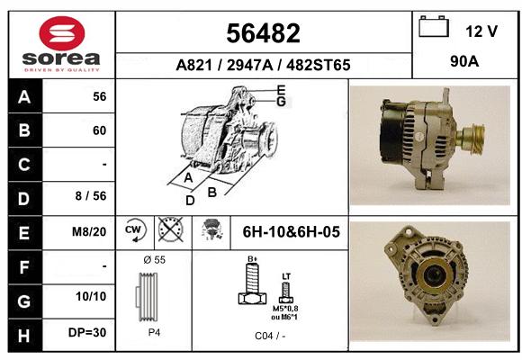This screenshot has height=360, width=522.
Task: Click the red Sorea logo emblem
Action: tap(62, 33)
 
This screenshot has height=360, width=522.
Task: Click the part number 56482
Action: tap(263, 33)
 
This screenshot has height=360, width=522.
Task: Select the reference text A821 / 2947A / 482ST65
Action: tap(263, 65)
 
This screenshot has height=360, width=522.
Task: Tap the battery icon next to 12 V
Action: tap(434, 26)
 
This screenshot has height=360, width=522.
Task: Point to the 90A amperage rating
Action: tap(464, 61)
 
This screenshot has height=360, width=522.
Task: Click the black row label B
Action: tap(24, 130)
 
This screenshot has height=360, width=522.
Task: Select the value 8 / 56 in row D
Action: tap(91, 196)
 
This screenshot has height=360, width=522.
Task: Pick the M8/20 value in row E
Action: tap(89, 231)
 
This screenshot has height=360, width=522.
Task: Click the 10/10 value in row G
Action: tap(91, 296)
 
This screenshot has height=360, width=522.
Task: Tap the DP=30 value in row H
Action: tap(87, 332)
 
